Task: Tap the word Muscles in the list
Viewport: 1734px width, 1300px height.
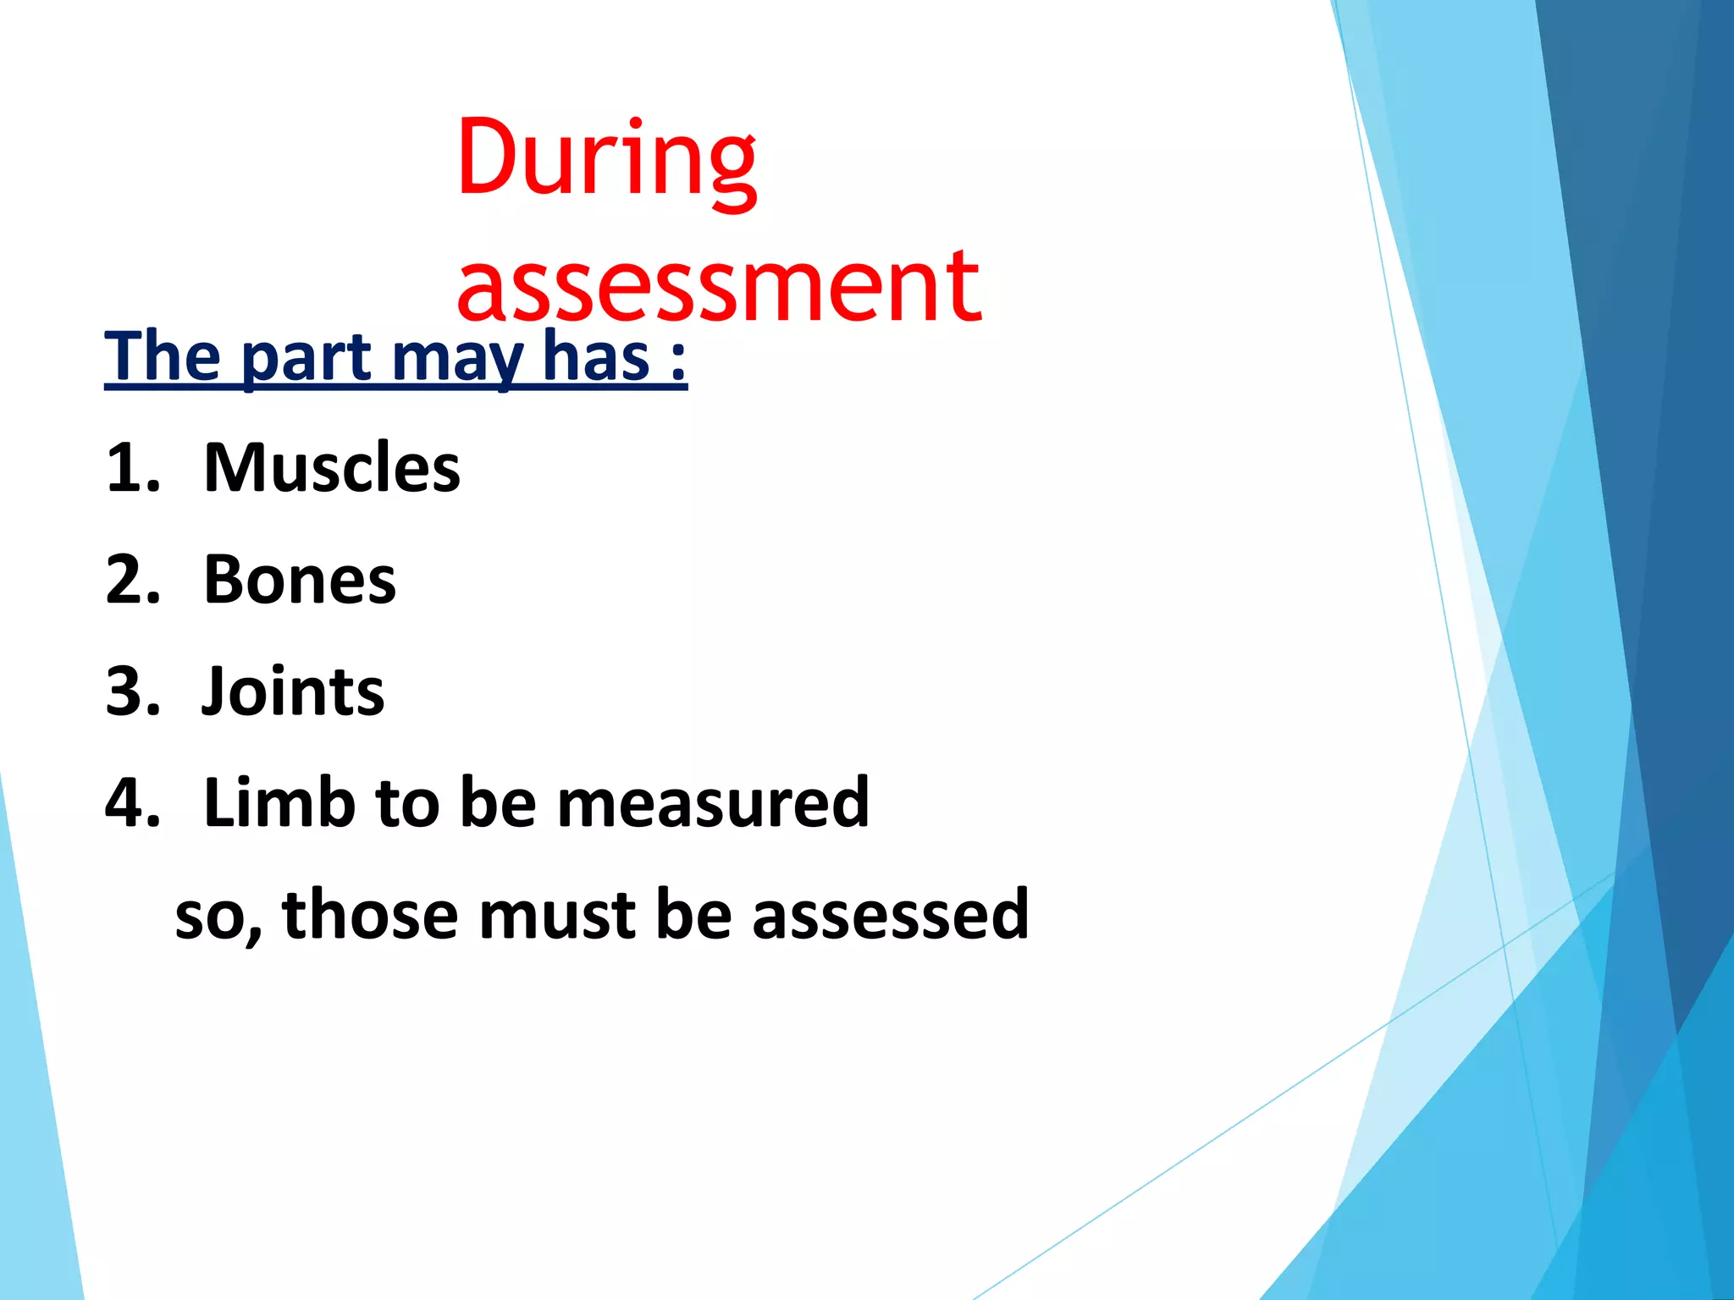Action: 332,468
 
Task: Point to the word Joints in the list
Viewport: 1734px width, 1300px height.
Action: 293,691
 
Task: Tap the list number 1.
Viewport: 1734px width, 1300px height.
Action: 133,468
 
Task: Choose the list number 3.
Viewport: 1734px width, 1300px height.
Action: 133,691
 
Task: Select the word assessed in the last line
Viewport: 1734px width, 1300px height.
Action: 890,916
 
